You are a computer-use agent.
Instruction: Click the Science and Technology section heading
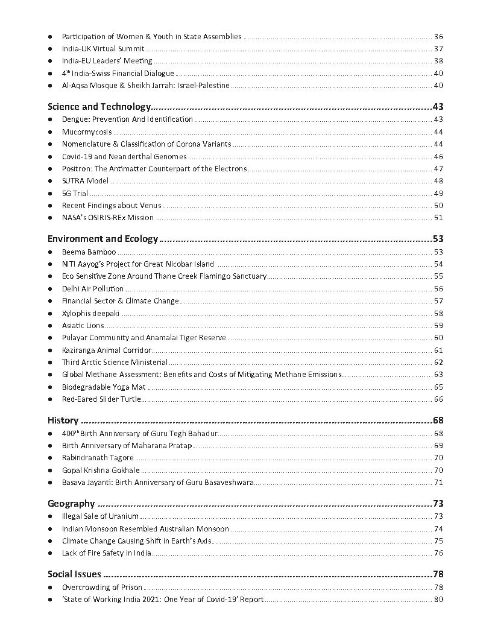tap(98, 107)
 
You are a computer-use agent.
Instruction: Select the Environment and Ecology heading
tap(102, 239)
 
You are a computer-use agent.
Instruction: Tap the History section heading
tap(63, 420)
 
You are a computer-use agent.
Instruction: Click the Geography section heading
tap(71, 504)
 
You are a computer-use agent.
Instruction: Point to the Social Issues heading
tap(74, 574)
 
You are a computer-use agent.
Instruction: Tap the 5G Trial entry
tap(75, 193)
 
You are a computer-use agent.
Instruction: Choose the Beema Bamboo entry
tap(89, 252)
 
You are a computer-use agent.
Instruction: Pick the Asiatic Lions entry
tap(83, 326)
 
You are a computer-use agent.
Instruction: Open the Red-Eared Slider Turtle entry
tap(101, 399)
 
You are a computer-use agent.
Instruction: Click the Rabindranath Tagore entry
tap(98, 458)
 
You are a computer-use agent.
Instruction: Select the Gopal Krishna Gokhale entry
tap(101, 470)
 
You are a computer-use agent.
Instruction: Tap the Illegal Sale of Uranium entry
tap(100, 516)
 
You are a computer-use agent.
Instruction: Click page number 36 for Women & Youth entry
tap(438, 37)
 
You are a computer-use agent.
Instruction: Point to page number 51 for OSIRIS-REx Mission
tap(438, 218)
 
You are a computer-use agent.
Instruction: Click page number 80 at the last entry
tap(438, 600)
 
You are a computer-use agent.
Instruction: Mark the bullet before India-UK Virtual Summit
tap(50, 49)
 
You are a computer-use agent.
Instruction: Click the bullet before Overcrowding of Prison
tap(50, 588)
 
